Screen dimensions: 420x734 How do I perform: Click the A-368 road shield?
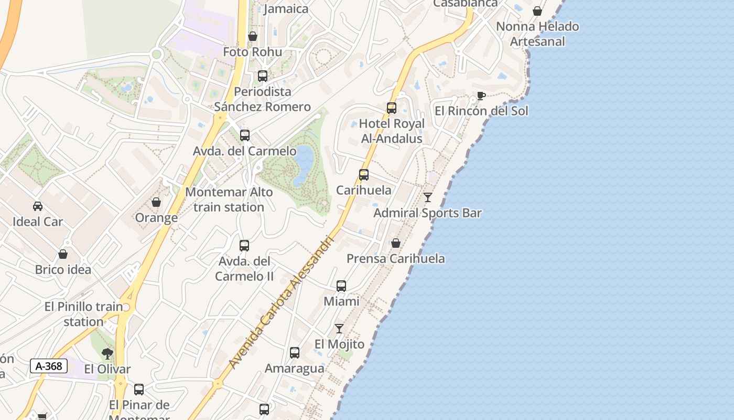(x=49, y=366)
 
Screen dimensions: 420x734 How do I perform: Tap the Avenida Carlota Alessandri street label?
(x=282, y=302)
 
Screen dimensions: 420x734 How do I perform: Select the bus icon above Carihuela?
(x=364, y=175)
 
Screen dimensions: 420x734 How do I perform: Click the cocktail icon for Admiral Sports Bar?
(x=428, y=197)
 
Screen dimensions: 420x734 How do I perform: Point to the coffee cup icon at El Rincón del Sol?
(x=481, y=96)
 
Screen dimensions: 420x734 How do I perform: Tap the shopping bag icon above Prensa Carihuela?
(x=396, y=243)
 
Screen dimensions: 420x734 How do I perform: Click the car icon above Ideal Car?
(x=38, y=206)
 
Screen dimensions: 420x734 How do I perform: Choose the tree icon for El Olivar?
(x=107, y=353)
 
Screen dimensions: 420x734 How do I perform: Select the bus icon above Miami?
(x=341, y=286)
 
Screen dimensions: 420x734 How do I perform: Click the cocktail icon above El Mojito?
(x=339, y=329)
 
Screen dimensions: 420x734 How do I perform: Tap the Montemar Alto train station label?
(x=229, y=199)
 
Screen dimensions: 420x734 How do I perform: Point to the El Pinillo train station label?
(x=84, y=314)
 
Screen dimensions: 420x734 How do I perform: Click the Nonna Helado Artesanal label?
(x=537, y=34)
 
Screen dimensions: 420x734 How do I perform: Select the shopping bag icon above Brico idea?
(x=63, y=255)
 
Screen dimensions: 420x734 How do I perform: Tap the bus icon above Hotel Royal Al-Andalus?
(x=392, y=108)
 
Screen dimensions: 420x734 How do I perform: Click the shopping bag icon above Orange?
(x=156, y=202)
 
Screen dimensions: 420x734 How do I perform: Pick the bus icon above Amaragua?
(x=295, y=353)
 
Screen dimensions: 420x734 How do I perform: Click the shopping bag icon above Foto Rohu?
(x=253, y=36)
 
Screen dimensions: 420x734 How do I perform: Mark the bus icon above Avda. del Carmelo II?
(x=244, y=245)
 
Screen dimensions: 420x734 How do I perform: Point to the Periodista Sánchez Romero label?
(x=263, y=99)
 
